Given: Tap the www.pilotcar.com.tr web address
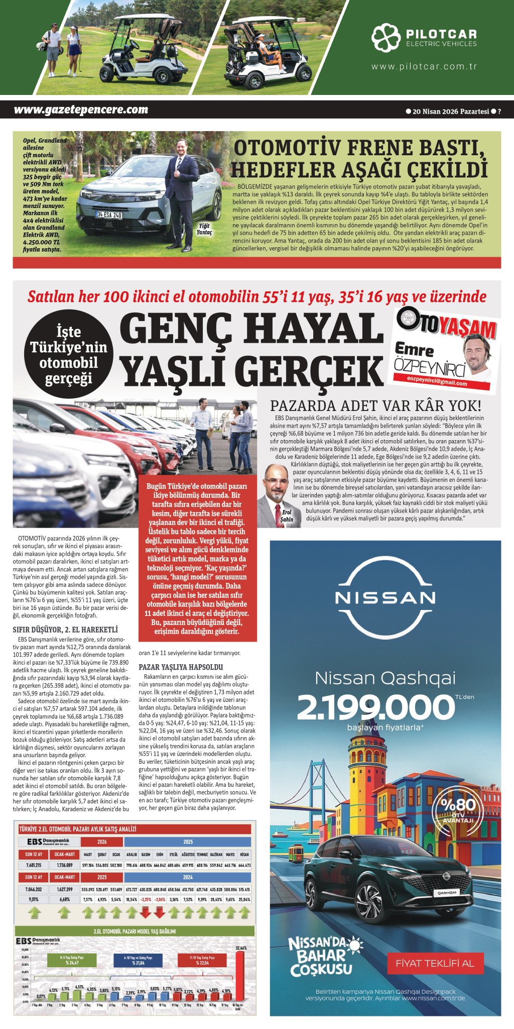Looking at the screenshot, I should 424,66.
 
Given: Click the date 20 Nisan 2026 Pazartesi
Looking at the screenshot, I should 450,112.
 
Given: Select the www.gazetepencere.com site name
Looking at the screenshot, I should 81,110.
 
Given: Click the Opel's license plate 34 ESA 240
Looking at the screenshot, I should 109,215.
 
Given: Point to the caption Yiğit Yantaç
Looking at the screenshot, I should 204,230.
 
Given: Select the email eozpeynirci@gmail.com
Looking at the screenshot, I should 436,383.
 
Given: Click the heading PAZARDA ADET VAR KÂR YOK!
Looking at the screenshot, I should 375,405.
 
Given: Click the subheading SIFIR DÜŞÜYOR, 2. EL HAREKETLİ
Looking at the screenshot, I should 65,630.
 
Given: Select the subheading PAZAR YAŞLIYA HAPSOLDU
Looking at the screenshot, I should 181,667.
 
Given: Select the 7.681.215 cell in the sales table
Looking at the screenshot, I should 34,865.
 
